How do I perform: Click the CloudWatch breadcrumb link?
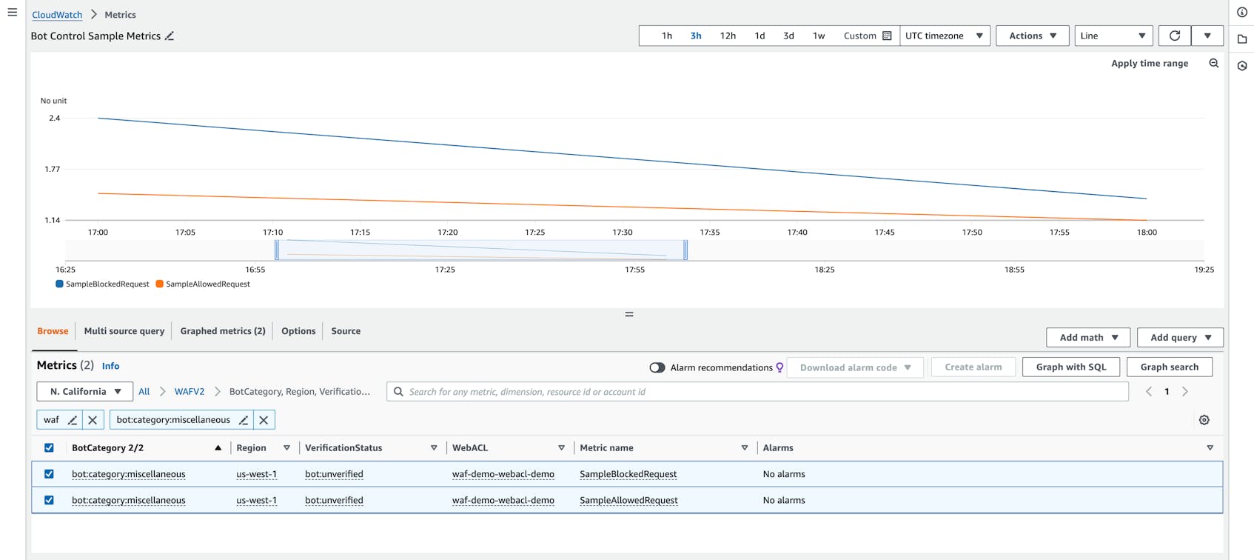tap(57, 15)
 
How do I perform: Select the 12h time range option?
tap(728, 36)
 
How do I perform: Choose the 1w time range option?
tap(819, 36)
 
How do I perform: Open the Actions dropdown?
tap(1032, 36)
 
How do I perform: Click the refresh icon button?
tap(1175, 36)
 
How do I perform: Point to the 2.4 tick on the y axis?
tap(54, 119)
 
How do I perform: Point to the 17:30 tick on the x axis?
tap(623, 232)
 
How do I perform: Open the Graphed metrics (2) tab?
tap(223, 331)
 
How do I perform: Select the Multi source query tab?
tap(124, 331)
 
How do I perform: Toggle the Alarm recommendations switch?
tap(657, 367)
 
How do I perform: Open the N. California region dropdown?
tap(85, 392)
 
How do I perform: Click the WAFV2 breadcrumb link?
tap(190, 392)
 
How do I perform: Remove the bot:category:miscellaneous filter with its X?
tap(264, 420)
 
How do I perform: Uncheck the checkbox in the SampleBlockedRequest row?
tap(49, 474)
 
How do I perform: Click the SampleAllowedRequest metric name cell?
tap(628, 501)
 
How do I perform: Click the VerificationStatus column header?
tap(343, 448)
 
